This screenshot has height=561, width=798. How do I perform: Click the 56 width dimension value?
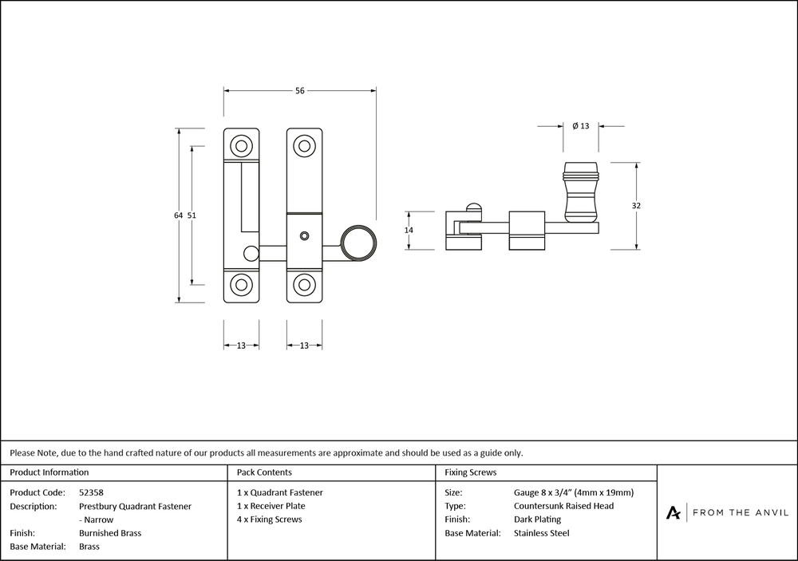tap(300, 91)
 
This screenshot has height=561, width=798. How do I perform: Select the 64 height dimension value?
tap(178, 215)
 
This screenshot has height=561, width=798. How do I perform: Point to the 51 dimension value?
tap(192, 215)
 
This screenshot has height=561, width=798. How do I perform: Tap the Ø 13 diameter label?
tap(581, 126)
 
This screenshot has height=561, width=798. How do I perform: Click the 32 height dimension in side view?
tap(636, 206)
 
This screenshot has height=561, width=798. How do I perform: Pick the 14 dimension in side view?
tap(409, 231)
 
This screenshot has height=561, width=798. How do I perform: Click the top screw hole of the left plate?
tap(240, 146)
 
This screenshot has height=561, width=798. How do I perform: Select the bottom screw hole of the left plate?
tap(240, 285)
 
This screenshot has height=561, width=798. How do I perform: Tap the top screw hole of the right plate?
tap(303, 146)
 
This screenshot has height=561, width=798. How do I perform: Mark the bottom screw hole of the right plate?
tap(303, 285)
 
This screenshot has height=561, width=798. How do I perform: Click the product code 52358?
tap(92, 492)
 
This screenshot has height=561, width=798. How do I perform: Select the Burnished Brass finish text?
tap(110, 533)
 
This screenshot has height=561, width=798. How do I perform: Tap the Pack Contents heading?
tap(264, 472)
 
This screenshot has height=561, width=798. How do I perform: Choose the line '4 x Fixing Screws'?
tap(270, 520)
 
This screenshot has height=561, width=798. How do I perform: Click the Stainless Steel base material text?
tap(542, 533)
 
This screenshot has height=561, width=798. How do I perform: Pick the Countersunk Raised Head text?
tap(564, 506)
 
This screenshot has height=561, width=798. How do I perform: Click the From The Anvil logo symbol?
tap(674, 512)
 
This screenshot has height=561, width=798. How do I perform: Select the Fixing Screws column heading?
tap(471, 472)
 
